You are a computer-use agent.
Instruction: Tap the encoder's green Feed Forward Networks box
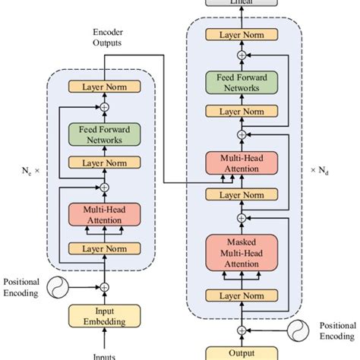pos(105,134)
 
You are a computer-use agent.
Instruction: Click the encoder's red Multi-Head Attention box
pos(105,215)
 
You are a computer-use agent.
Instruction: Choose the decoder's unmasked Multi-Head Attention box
pos(242,163)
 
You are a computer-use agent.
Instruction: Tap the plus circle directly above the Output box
pos(242,330)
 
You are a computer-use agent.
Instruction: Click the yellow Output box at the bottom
pos(242,352)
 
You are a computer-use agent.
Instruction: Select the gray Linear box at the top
pos(242,3)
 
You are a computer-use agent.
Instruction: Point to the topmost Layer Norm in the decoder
pos(242,35)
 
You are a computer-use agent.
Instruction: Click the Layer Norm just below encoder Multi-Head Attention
pos(105,248)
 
